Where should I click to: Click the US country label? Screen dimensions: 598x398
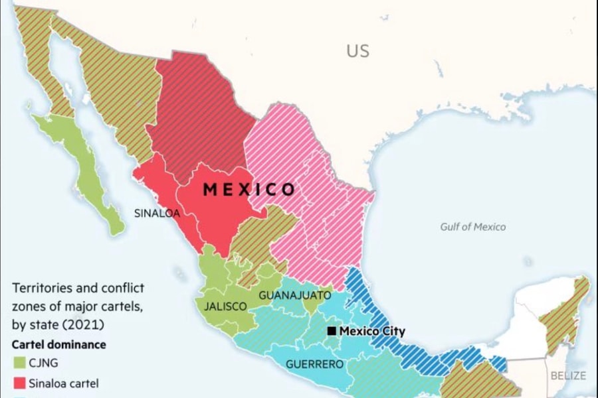coord(357,50)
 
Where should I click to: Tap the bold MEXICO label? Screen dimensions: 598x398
coord(249,190)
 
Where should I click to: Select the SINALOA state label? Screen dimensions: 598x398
coord(157,214)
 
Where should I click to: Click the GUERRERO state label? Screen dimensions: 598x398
coord(314,364)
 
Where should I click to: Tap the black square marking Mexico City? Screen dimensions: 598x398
coord(332,331)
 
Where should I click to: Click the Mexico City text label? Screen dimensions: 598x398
coord(372,331)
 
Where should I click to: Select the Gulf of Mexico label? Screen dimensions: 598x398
coord(472,227)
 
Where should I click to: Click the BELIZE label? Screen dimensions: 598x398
coord(568,375)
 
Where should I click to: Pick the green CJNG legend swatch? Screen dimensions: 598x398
coord(19,363)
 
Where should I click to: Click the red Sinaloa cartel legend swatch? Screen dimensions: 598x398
coord(19,383)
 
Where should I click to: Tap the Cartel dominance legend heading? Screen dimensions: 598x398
coord(58,345)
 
